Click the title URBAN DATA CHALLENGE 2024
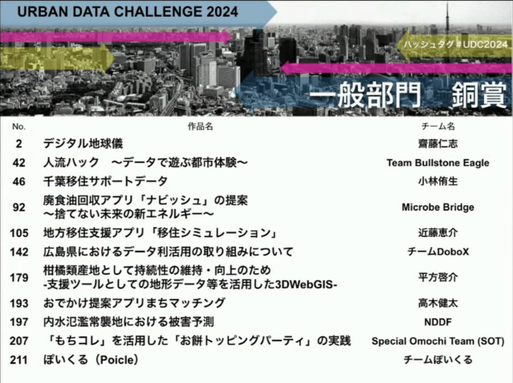tap(128, 12)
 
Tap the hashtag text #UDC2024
tap(481, 44)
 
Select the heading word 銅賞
tap(479, 95)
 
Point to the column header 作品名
tap(200, 126)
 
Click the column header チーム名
tap(438, 126)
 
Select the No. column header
tap(18, 127)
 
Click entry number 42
tap(19, 163)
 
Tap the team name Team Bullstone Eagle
tap(438, 163)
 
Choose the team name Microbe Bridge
tap(438, 207)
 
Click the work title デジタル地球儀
tap(83, 144)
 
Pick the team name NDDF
tap(438, 322)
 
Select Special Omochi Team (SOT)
tap(438, 341)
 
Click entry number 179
tap(19, 278)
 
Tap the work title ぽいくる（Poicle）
tap(91, 360)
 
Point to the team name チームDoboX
tap(438, 251)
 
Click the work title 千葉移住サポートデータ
tap(105, 181)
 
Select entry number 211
tap(18, 360)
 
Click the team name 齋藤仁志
tap(438, 144)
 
